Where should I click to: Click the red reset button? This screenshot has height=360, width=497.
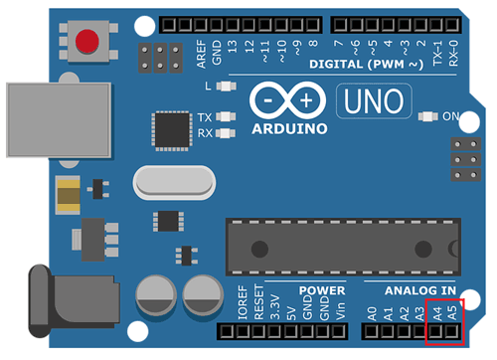(x=88, y=43)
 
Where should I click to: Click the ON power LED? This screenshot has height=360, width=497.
(x=429, y=117)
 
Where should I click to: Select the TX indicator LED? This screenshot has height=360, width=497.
(x=230, y=116)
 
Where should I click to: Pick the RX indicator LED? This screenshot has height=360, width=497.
(x=230, y=132)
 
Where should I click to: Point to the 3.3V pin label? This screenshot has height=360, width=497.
(x=275, y=309)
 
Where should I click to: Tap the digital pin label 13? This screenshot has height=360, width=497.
(x=233, y=46)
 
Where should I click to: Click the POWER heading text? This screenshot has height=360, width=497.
(x=320, y=289)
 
